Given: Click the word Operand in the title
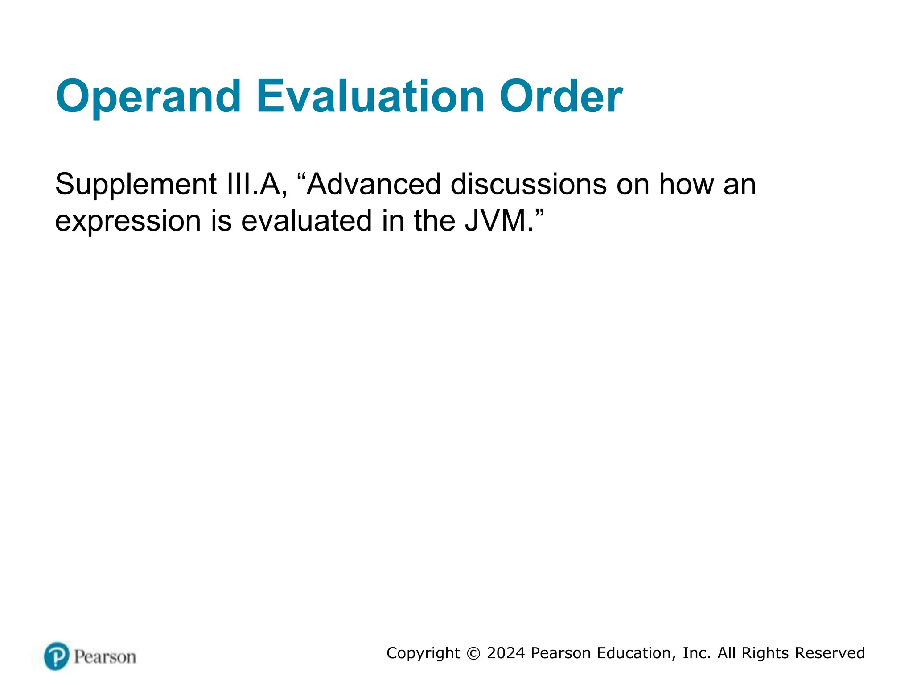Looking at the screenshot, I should (148, 97).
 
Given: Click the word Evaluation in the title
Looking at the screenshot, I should (370, 97).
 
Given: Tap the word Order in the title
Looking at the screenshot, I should (560, 97).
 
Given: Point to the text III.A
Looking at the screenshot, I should (257, 185).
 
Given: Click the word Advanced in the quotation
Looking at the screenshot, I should (374, 184).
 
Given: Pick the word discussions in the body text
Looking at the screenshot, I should (528, 184).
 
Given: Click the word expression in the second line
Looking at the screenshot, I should (128, 221).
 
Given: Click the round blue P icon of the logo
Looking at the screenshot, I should (57, 656).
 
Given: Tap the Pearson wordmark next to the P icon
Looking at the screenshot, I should (105, 657).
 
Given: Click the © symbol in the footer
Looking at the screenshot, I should (473, 653).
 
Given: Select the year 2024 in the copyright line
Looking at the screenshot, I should (506, 653).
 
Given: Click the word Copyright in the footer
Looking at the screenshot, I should (423, 653).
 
